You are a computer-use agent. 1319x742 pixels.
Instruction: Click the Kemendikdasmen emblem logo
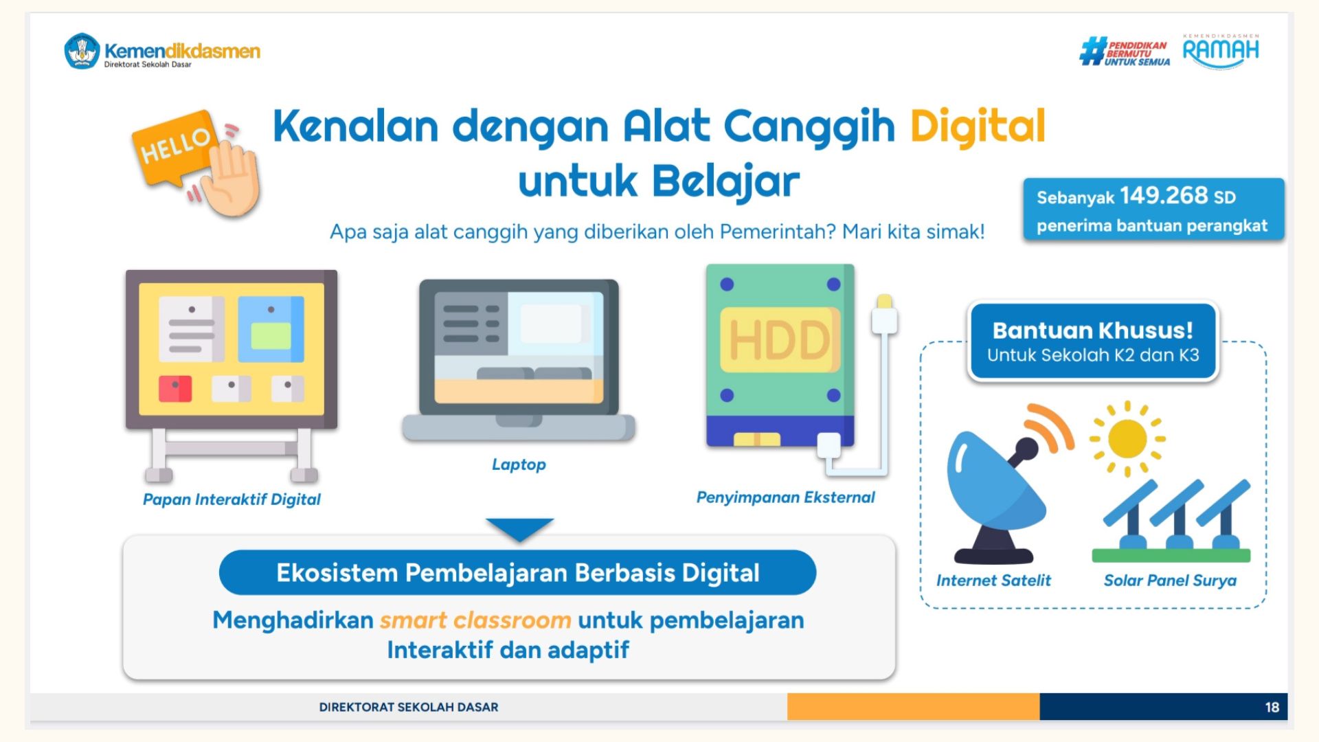pyautogui.click(x=82, y=51)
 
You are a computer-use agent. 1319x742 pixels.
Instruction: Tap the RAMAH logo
pyautogui.click(x=1221, y=51)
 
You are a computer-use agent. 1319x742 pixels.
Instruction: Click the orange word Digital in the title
pyautogui.click(x=978, y=126)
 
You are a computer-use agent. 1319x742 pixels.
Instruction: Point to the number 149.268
pyautogui.click(x=1164, y=196)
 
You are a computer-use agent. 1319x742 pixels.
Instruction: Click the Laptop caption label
pyautogui.click(x=519, y=464)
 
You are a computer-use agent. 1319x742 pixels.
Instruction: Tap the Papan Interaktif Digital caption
pyautogui.click(x=232, y=499)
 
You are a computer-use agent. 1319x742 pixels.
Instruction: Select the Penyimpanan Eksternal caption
pyautogui.click(x=785, y=497)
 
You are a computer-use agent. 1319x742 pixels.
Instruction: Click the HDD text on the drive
pyautogui.click(x=779, y=340)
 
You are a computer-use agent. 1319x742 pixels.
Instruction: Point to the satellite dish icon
pyautogui.click(x=1004, y=484)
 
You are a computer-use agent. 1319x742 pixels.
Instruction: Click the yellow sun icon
pyautogui.click(x=1127, y=438)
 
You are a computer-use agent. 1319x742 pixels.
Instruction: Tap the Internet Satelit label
pyautogui.click(x=993, y=581)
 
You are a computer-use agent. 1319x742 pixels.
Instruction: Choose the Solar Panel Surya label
pyautogui.click(x=1170, y=581)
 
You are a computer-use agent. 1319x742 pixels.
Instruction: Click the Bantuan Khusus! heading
pyautogui.click(x=1093, y=330)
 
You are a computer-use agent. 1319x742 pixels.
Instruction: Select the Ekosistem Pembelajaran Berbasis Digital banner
pyautogui.click(x=518, y=572)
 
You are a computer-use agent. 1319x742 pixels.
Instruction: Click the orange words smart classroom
pyautogui.click(x=475, y=620)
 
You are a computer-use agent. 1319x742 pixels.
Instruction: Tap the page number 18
pyautogui.click(x=1272, y=707)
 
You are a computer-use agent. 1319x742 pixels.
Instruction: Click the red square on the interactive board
pyautogui.click(x=175, y=389)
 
